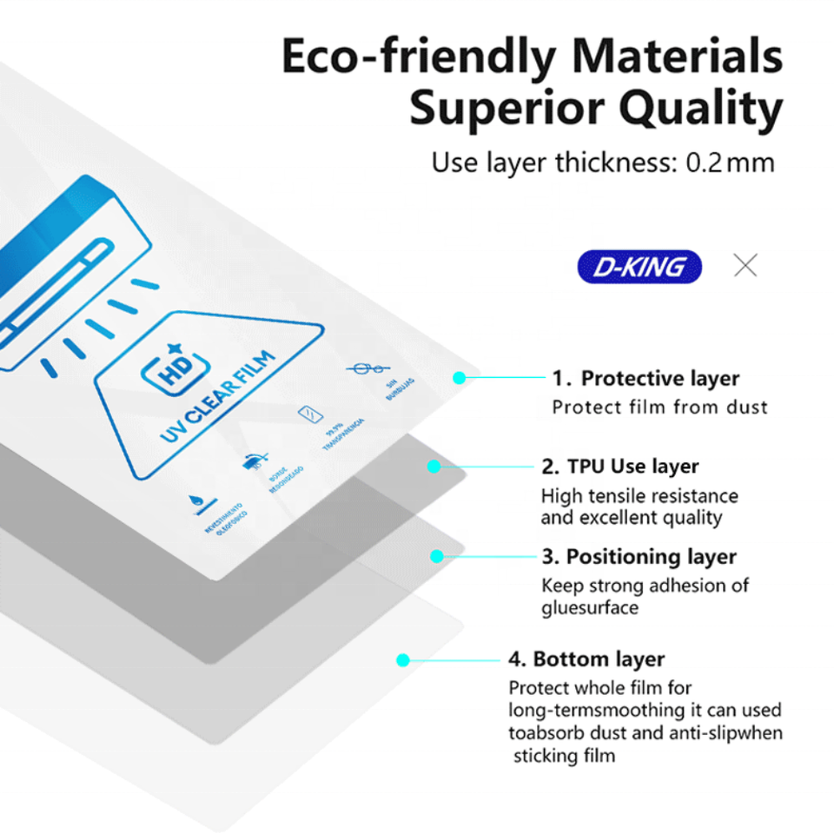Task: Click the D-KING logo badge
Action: tap(639, 268)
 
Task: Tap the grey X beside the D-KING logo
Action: tap(745, 266)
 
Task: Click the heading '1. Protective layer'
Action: tap(645, 378)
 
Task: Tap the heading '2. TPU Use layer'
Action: tap(620, 467)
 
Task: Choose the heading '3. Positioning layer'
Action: tap(639, 556)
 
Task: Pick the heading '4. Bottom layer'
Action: tap(586, 659)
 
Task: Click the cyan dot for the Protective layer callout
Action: tap(460, 378)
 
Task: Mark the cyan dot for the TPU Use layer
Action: tap(434, 467)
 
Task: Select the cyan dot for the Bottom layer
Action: tap(402, 660)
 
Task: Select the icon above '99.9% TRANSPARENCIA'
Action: tap(306, 414)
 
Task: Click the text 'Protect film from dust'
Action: tap(660, 407)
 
